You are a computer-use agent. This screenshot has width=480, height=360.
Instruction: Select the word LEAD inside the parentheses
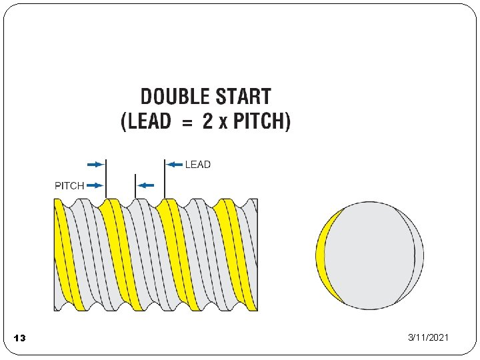(149, 123)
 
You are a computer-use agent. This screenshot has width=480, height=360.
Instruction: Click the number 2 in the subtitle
(207, 123)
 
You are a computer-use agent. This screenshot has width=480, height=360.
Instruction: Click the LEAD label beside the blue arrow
(197, 164)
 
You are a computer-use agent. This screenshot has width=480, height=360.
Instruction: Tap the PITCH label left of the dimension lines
(69, 185)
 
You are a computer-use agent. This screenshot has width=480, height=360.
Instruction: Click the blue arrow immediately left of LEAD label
(174, 164)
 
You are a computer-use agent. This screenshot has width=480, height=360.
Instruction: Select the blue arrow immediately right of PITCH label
(95, 185)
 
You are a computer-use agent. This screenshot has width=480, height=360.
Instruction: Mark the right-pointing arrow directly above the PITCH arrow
(95, 164)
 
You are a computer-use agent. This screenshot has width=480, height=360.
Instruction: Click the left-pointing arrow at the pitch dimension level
(145, 185)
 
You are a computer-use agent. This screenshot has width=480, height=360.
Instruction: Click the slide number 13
(19, 339)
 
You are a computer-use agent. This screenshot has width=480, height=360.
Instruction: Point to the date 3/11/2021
(429, 338)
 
